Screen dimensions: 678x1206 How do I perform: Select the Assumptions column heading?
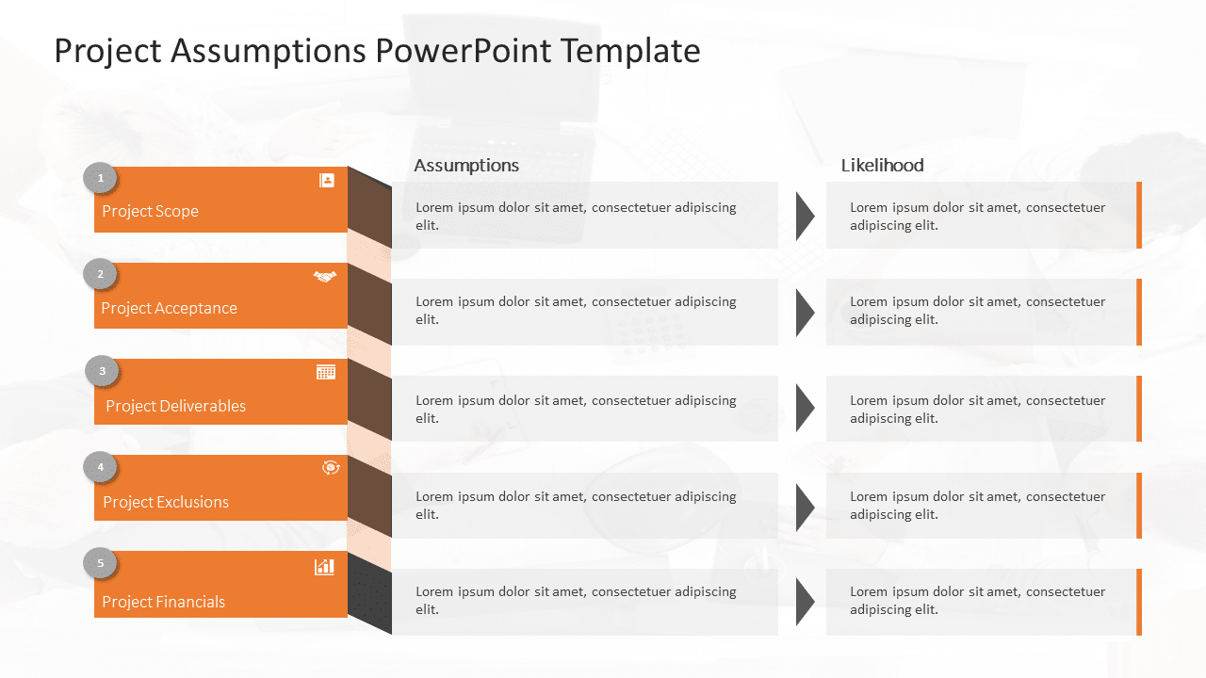pos(466,166)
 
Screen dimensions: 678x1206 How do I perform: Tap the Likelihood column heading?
pos(882,166)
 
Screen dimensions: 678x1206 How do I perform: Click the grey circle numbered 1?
pos(100,178)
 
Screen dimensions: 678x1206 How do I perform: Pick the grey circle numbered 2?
pos(100,275)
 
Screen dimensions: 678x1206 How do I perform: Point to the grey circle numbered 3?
pos(102,371)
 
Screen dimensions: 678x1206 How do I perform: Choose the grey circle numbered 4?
pos(100,467)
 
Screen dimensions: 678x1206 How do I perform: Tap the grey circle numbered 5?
pos(100,564)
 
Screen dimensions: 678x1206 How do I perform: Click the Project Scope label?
pos(150,211)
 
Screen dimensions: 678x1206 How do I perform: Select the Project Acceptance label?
pos(169,308)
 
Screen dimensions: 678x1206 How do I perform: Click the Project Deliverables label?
pos(175,406)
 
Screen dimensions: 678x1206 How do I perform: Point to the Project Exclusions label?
pos(166,502)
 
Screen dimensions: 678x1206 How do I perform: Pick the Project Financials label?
pos(163,602)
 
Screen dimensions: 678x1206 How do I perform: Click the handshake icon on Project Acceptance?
pos(325,277)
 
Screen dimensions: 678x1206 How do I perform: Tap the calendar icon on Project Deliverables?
pos(326,372)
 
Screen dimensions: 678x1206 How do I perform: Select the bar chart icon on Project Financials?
pos(324,566)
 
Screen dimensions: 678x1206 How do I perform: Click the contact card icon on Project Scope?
pos(327,180)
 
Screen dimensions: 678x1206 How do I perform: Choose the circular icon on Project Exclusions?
pos(331,467)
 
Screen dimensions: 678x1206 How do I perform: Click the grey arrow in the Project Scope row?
pos(804,216)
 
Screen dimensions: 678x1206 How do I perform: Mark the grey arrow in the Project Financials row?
pos(804,602)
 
